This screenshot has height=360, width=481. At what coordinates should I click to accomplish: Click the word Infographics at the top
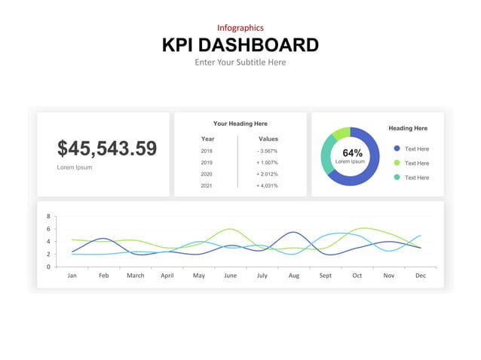(x=240, y=28)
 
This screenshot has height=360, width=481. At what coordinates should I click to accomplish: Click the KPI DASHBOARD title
(x=240, y=44)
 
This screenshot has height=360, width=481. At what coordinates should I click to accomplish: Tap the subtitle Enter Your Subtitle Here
(x=240, y=62)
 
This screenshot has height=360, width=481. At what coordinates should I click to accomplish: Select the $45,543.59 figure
(x=107, y=148)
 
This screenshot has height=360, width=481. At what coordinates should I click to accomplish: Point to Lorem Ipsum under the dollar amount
(x=75, y=167)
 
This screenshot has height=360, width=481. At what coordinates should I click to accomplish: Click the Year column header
(x=207, y=139)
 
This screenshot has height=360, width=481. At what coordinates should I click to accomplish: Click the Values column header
(x=268, y=139)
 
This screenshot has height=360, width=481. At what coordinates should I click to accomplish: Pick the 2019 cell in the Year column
(x=207, y=163)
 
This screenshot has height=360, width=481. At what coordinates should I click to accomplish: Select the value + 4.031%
(x=268, y=185)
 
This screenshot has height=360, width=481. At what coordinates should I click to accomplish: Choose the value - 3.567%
(x=268, y=151)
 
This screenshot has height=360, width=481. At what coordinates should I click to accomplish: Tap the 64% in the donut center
(x=352, y=153)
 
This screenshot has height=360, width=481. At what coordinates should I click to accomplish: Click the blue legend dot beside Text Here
(x=397, y=148)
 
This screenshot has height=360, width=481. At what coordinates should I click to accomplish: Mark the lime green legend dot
(x=397, y=163)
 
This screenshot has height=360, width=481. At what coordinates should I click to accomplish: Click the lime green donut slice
(x=341, y=133)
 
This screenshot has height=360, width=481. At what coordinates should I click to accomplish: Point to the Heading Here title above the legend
(x=408, y=129)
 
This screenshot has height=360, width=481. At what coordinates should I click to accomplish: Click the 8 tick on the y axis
(x=48, y=216)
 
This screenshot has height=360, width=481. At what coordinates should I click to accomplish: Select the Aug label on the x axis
(x=293, y=276)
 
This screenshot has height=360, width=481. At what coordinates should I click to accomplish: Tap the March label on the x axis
(x=135, y=276)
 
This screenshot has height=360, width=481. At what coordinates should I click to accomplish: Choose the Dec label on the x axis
(x=420, y=276)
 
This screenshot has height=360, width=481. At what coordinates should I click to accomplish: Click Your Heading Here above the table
(x=240, y=124)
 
